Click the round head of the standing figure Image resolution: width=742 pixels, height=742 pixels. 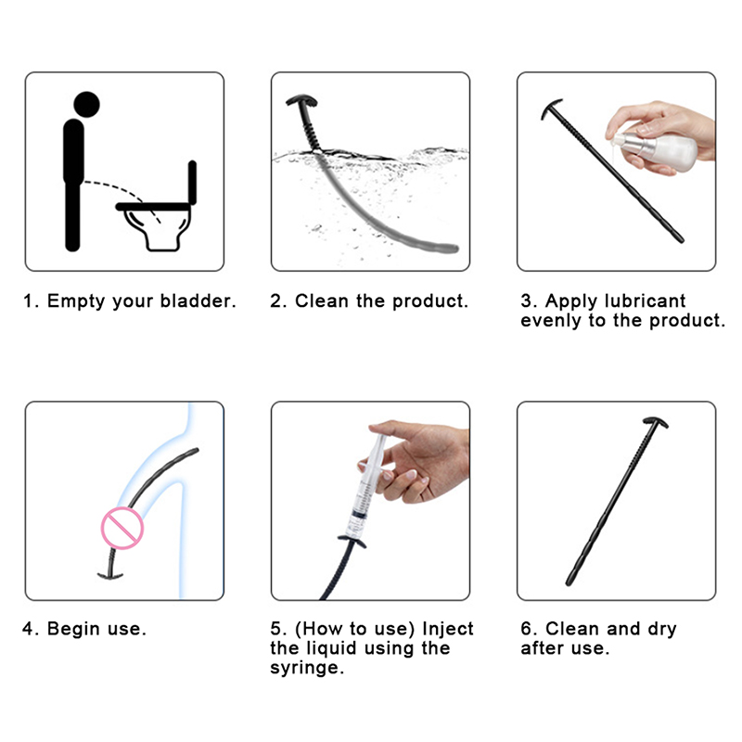pos(86,105)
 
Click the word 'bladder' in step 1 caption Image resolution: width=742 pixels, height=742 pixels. pos(198,301)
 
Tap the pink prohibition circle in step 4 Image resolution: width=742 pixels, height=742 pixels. pos(122,528)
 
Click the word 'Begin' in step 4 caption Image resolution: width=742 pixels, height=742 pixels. pos(73,629)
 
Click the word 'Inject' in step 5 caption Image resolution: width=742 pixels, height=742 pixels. pos(448,629)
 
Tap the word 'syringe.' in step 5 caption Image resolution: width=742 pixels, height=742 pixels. pos(307,668)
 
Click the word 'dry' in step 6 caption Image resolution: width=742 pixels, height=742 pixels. pos(662,630)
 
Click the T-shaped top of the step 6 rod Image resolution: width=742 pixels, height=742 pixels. pos(656,422)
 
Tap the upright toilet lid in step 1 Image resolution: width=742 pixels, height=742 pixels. pos(192,182)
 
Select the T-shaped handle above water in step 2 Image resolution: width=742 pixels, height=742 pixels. pos(302,101)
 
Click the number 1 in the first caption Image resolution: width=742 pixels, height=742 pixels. pos(29,301)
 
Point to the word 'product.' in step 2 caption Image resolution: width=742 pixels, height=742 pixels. pos(430,301)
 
